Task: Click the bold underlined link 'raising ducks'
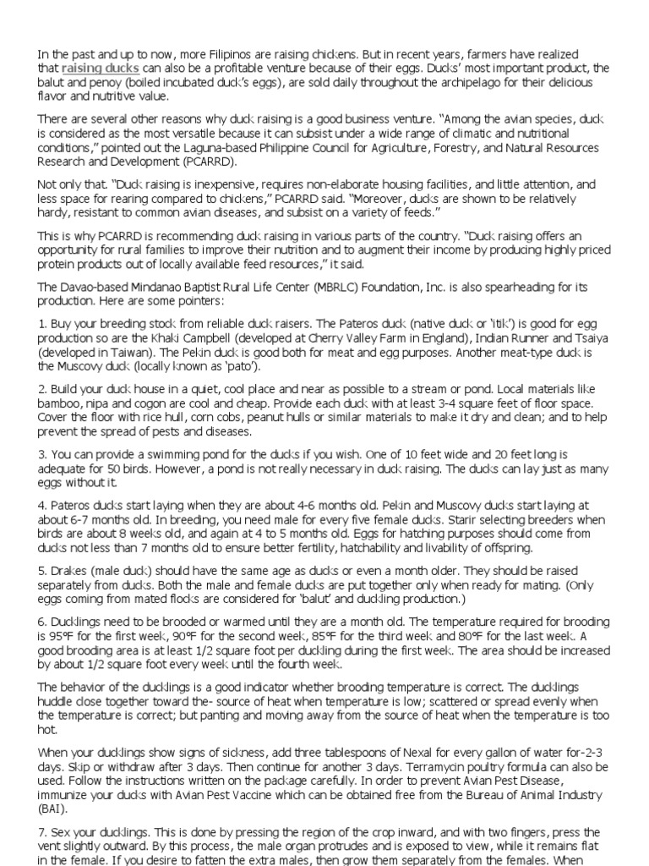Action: tap(101, 68)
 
